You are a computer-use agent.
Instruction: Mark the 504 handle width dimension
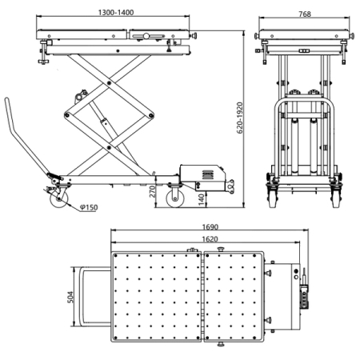click(70, 298)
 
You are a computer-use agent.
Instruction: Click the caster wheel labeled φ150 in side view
click(58, 200)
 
